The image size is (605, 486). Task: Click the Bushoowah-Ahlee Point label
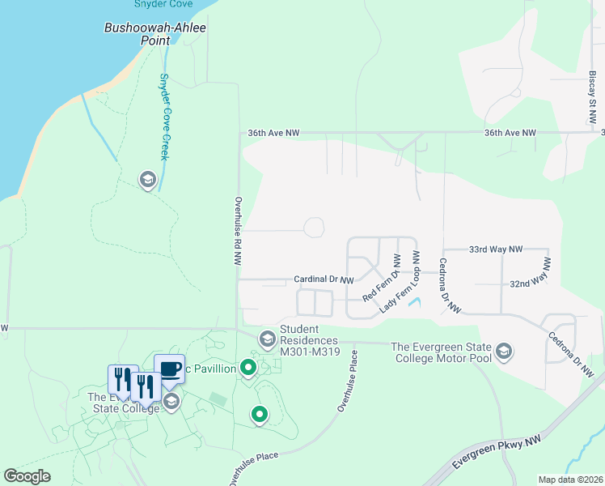155,33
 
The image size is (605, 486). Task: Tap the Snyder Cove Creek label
163,117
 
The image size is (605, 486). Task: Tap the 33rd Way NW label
496,249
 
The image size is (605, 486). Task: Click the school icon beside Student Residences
266,338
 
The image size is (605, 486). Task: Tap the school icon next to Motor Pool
504,350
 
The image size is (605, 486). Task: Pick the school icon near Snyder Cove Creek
147,179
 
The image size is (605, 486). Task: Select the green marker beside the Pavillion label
248,369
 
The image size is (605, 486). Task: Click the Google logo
27,476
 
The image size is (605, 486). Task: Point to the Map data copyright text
570,480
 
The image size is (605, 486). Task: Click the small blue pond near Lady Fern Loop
415,303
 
